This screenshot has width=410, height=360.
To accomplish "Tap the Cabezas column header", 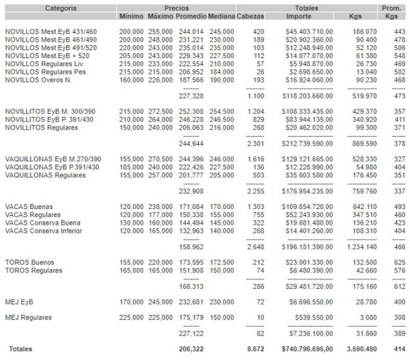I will point(252,16).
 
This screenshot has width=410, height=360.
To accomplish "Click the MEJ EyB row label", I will point(18,301).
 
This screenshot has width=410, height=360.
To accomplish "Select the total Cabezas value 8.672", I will point(253,348).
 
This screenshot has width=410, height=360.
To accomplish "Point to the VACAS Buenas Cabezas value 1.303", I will point(252,206).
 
